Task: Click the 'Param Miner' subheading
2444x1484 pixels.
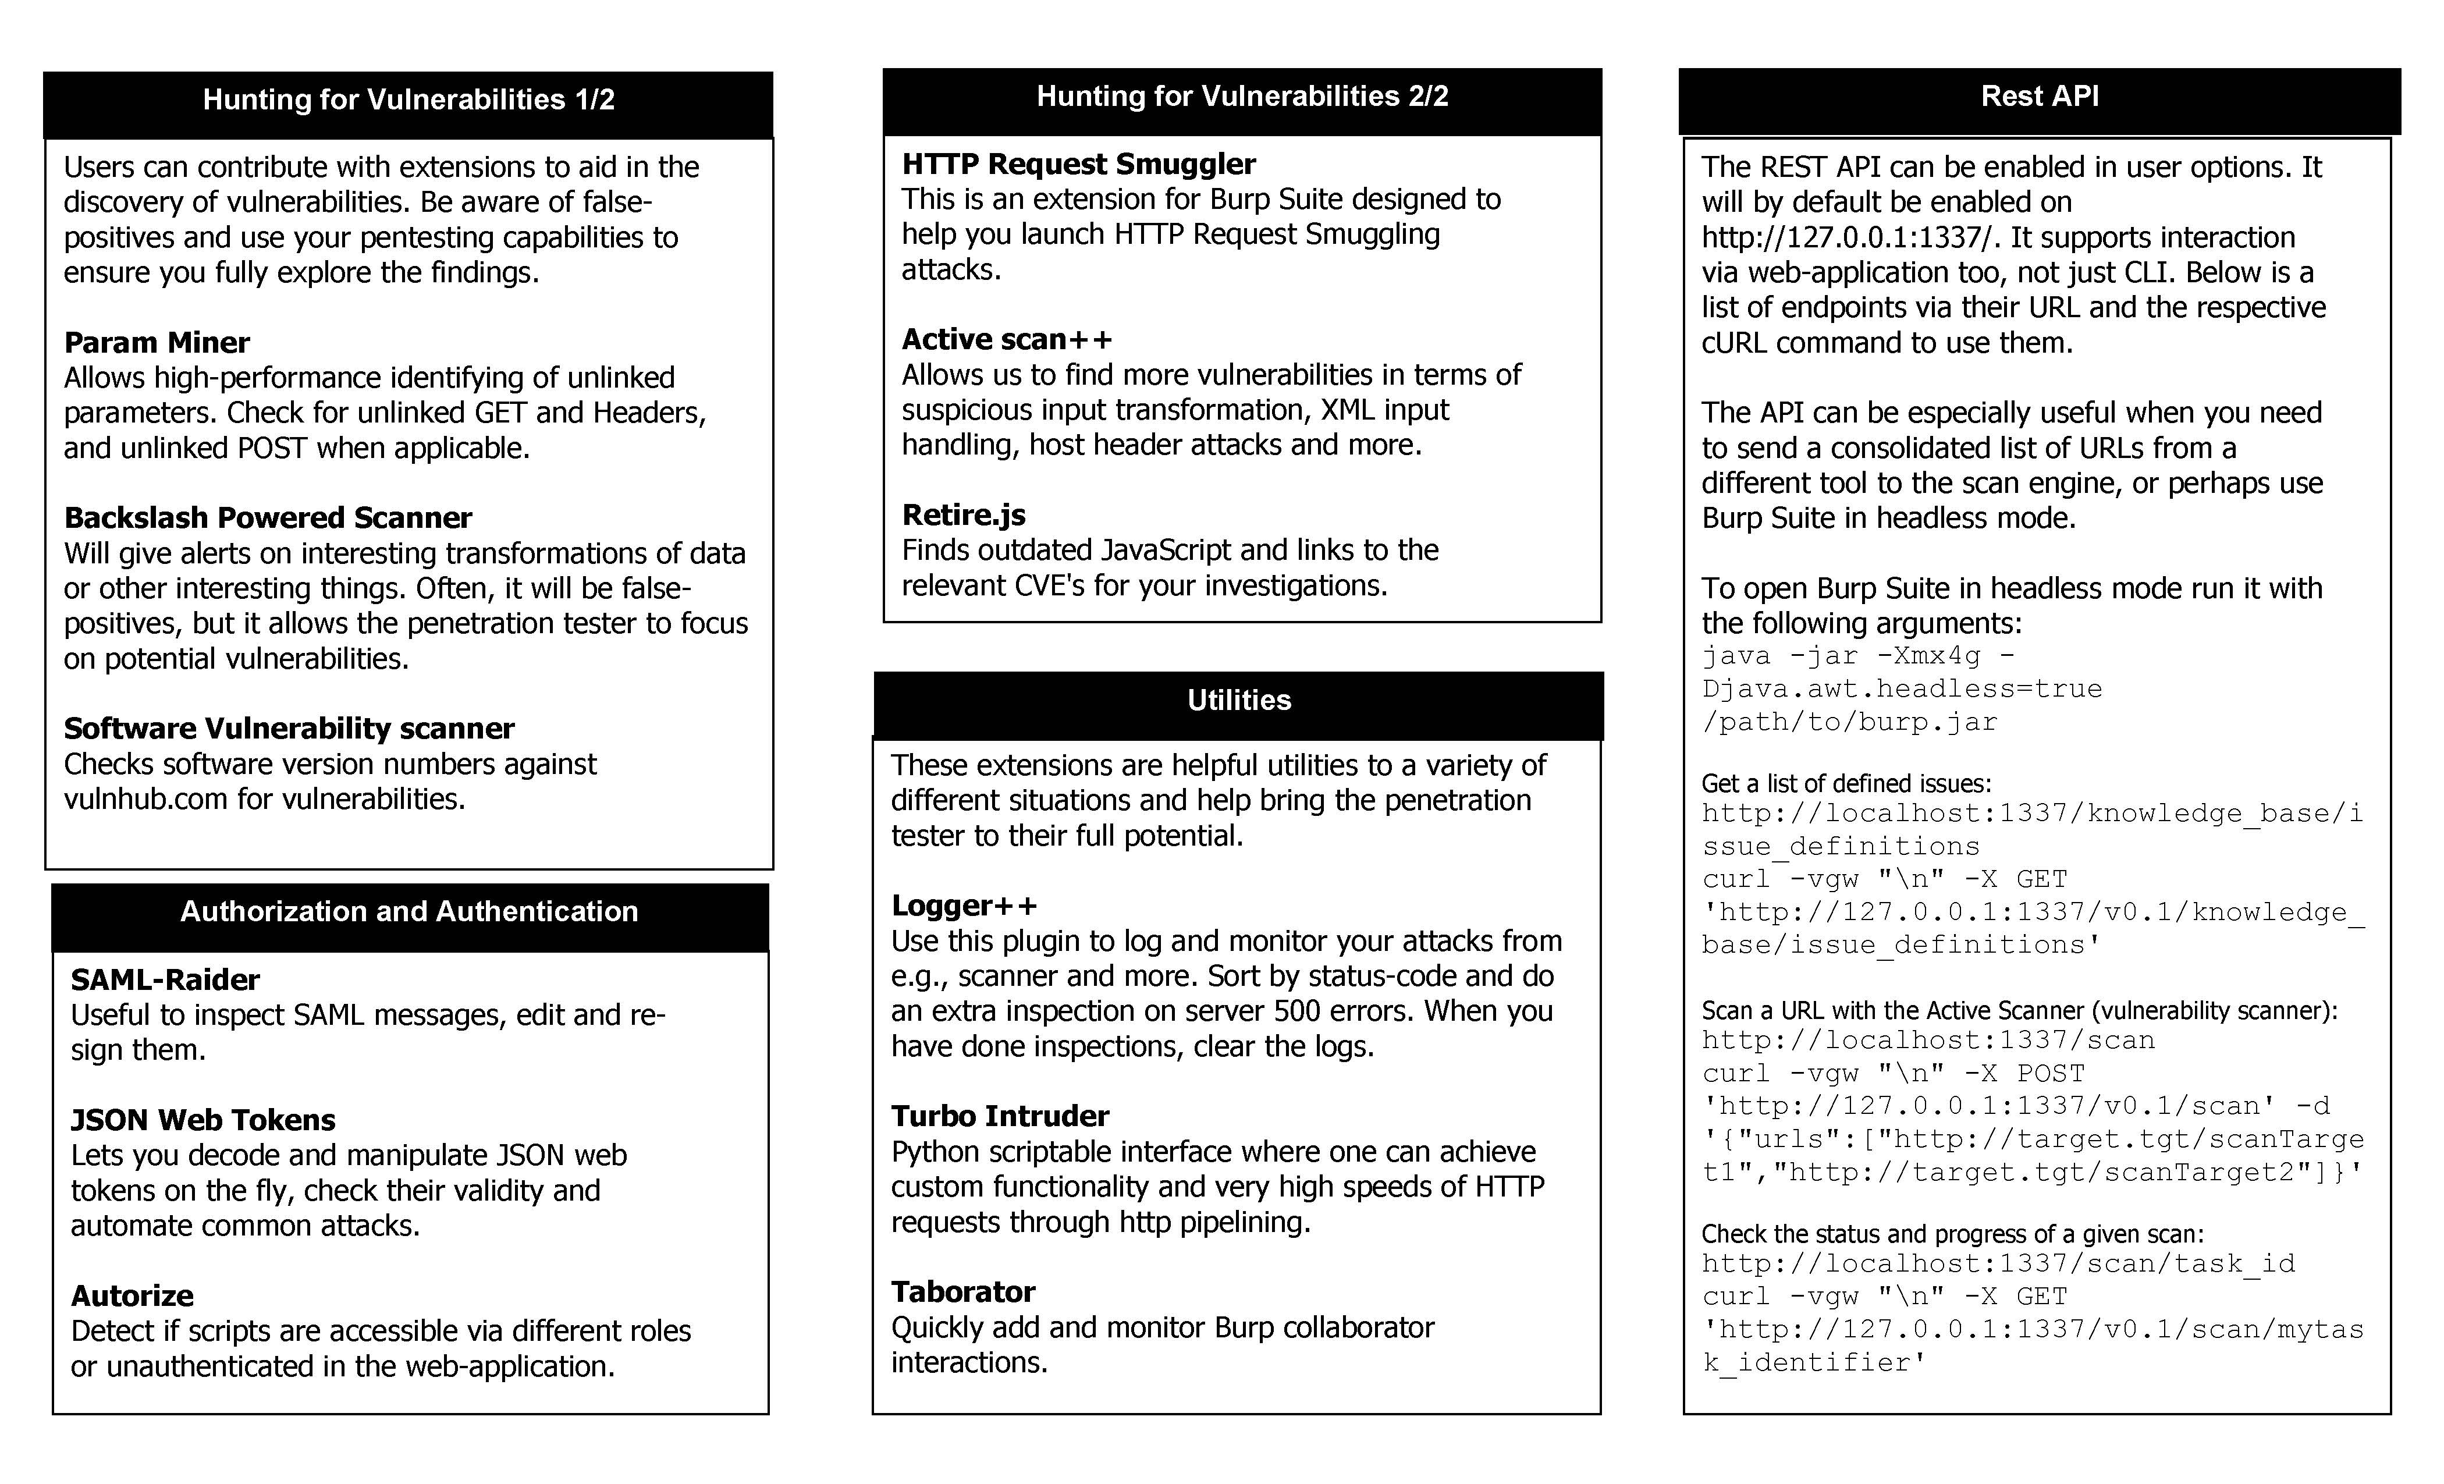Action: [x=157, y=342]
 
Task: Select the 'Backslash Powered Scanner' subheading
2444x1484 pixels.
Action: [x=268, y=518]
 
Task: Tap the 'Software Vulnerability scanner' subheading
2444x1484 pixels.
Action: [x=289, y=728]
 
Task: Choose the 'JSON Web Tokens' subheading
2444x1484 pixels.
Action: [x=203, y=1120]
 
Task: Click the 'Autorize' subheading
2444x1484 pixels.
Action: [x=132, y=1295]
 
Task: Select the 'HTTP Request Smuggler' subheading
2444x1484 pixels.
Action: [x=1078, y=164]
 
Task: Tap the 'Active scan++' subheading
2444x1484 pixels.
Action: [x=1007, y=339]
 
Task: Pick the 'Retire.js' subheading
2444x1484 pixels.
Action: [x=963, y=515]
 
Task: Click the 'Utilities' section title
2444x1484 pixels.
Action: [x=1239, y=700]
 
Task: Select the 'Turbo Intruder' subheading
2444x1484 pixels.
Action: [x=1000, y=1116]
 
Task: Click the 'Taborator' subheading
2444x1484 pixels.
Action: [x=962, y=1291]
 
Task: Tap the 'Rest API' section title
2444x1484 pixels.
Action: [x=2040, y=96]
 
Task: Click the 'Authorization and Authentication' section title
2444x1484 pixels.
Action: [x=408, y=911]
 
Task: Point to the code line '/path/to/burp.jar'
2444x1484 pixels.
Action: [x=1850, y=722]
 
